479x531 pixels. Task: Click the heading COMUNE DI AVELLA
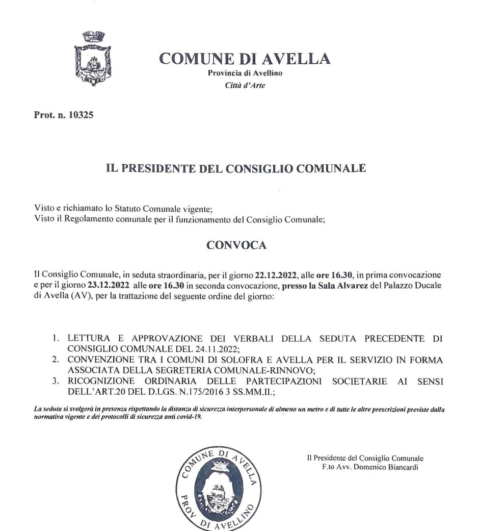(245, 59)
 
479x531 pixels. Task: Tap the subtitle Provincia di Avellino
(245, 73)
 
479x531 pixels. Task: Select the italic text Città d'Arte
(245, 85)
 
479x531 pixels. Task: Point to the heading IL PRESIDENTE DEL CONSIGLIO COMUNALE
(235, 168)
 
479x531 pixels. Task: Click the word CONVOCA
(236, 245)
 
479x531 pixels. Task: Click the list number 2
(56, 360)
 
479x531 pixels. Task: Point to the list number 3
(56, 381)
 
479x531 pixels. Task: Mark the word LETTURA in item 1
(85, 338)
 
